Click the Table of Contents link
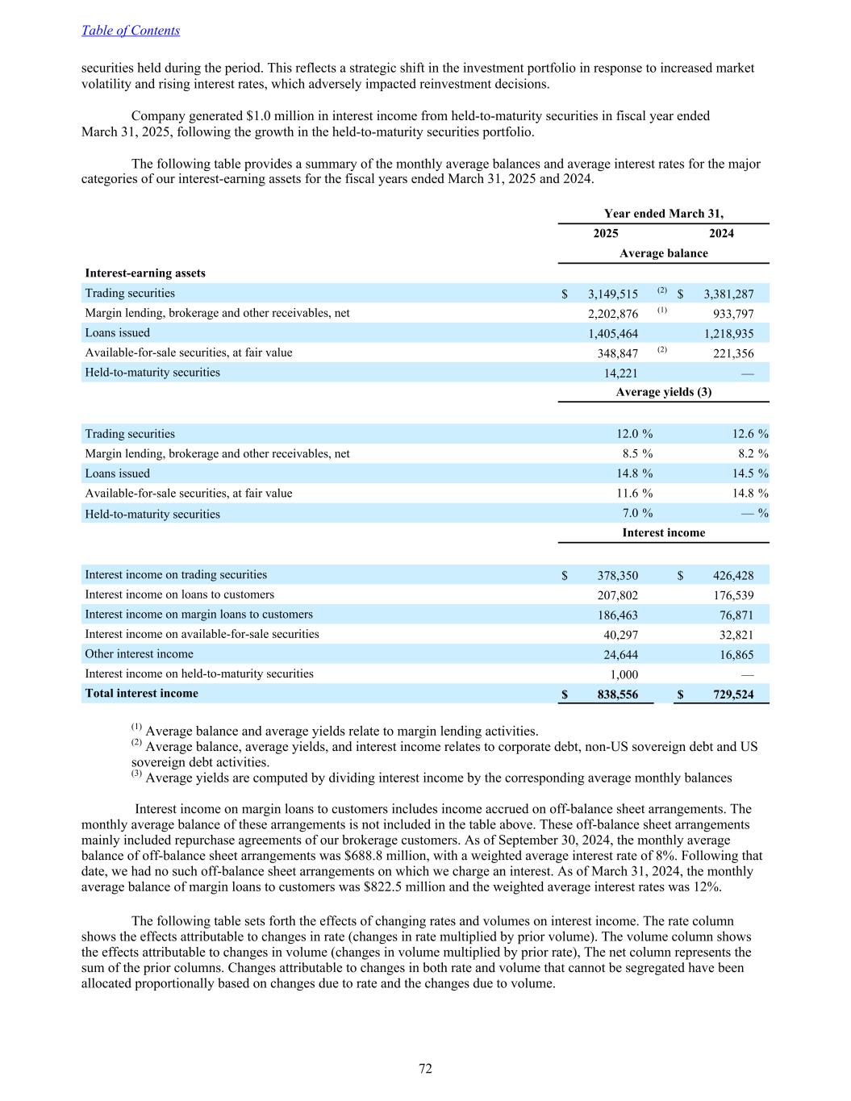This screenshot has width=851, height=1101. pos(131,31)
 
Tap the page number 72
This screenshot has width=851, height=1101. pos(425,1069)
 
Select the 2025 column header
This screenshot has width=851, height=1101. pos(606,234)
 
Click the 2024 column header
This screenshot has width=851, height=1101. pos(721,234)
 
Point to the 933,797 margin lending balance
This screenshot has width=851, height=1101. pos(733,314)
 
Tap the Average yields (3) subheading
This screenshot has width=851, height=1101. pos(663,392)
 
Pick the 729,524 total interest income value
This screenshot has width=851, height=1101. pos(733,694)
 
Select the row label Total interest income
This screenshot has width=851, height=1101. pos(141,694)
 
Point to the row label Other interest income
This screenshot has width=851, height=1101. pos(139,654)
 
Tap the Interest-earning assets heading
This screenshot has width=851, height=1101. pos(145,273)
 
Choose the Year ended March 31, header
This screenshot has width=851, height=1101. pos(663,214)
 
